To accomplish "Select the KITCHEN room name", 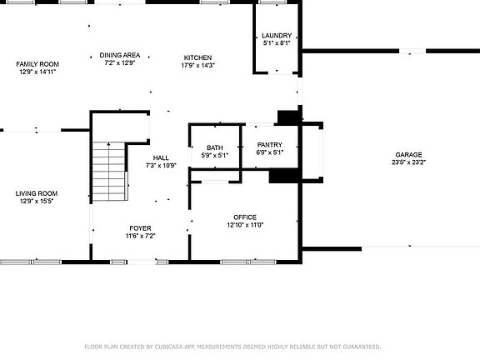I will (198, 57).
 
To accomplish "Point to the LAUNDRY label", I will (277, 35).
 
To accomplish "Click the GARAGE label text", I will (408, 155).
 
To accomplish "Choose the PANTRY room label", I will (270, 145).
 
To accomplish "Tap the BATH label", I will (215, 148).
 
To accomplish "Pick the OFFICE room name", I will (245, 217).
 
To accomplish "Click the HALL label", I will (161, 157).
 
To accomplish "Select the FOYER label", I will (140, 228).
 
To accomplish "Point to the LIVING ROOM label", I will (37, 193).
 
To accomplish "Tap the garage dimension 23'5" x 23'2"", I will (408, 162).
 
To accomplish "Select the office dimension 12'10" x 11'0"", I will (245, 225).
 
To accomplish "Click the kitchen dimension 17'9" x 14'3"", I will (198, 65).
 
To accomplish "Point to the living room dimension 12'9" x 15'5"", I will (37, 202).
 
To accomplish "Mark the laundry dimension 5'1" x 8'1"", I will (277, 42).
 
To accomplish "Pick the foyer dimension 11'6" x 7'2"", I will (140, 236).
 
